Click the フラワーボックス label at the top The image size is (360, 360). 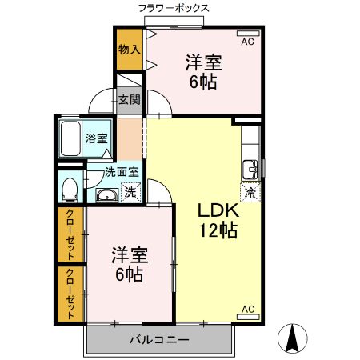tap(174, 8)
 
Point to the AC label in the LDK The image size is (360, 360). tap(247, 309)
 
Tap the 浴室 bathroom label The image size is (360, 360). tap(98, 138)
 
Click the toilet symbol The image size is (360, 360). tap(70, 190)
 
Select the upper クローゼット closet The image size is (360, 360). tap(70, 234)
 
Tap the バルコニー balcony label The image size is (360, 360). tap(159, 340)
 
